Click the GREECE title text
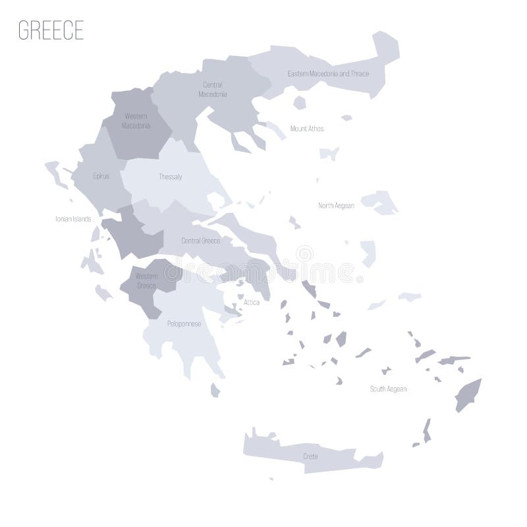click(x=51, y=31)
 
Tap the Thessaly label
click(x=170, y=177)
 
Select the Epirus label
click(x=101, y=177)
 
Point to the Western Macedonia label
click(x=136, y=121)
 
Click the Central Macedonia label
click(x=213, y=90)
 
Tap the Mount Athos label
click(x=307, y=128)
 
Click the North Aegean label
click(x=337, y=206)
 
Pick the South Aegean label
click(x=387, y=389)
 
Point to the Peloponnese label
click(x=184, y=323)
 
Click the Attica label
click(x=252, y=302)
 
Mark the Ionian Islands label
click(x=73, y=219)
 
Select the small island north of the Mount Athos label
click(x=300, y=102)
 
